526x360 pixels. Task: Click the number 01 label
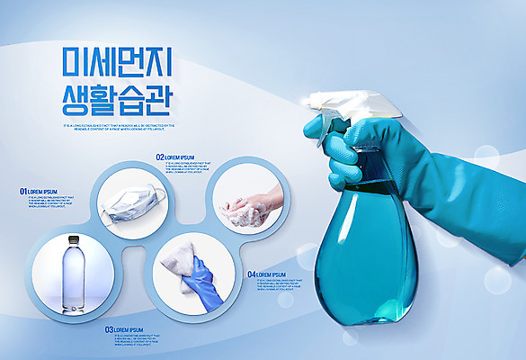pyautogui.click(x=23, y=192)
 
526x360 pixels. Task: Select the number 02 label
pyautogui.click(x=160, y=157)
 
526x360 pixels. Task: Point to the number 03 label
pyautogui.click(x=110, y=330)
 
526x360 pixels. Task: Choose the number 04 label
pyautogui.click(x=252, y=274)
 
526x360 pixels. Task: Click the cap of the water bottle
pyautogui.click(x=73, y=239)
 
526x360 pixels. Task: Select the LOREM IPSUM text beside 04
pyautogui.click(x=272, y=274)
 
